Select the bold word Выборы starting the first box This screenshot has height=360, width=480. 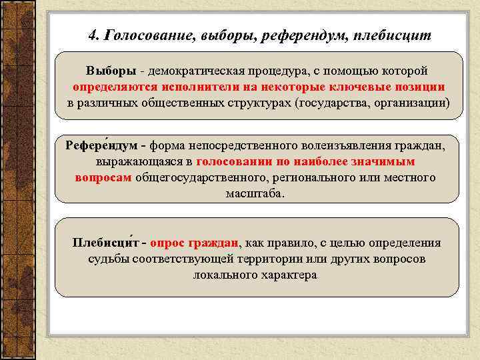click(107, 71)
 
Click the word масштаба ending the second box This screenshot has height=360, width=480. click(255, 193)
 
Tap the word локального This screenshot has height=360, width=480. click(221, 275)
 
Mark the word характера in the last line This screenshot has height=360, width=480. click(287, 275)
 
